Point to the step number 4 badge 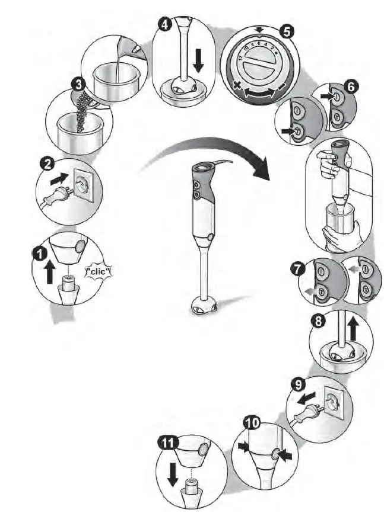click(164, 24)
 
